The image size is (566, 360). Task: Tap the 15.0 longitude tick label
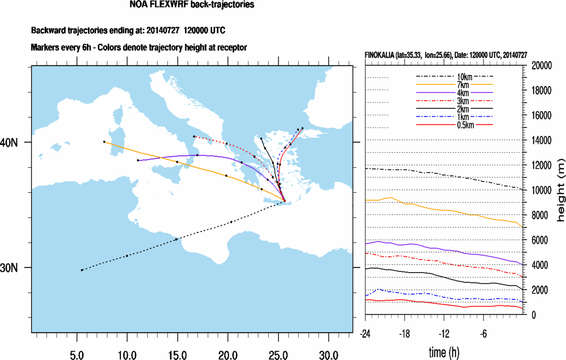point(177,354)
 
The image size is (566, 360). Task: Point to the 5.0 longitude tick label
point(77,354)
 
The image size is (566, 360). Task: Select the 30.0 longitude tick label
point(328,354)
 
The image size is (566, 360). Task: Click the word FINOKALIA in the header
point(383,55)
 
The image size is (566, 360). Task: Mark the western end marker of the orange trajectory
point(104,141)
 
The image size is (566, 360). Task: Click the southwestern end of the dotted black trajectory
point(82,270)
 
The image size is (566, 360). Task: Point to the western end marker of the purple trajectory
point(138,160)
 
